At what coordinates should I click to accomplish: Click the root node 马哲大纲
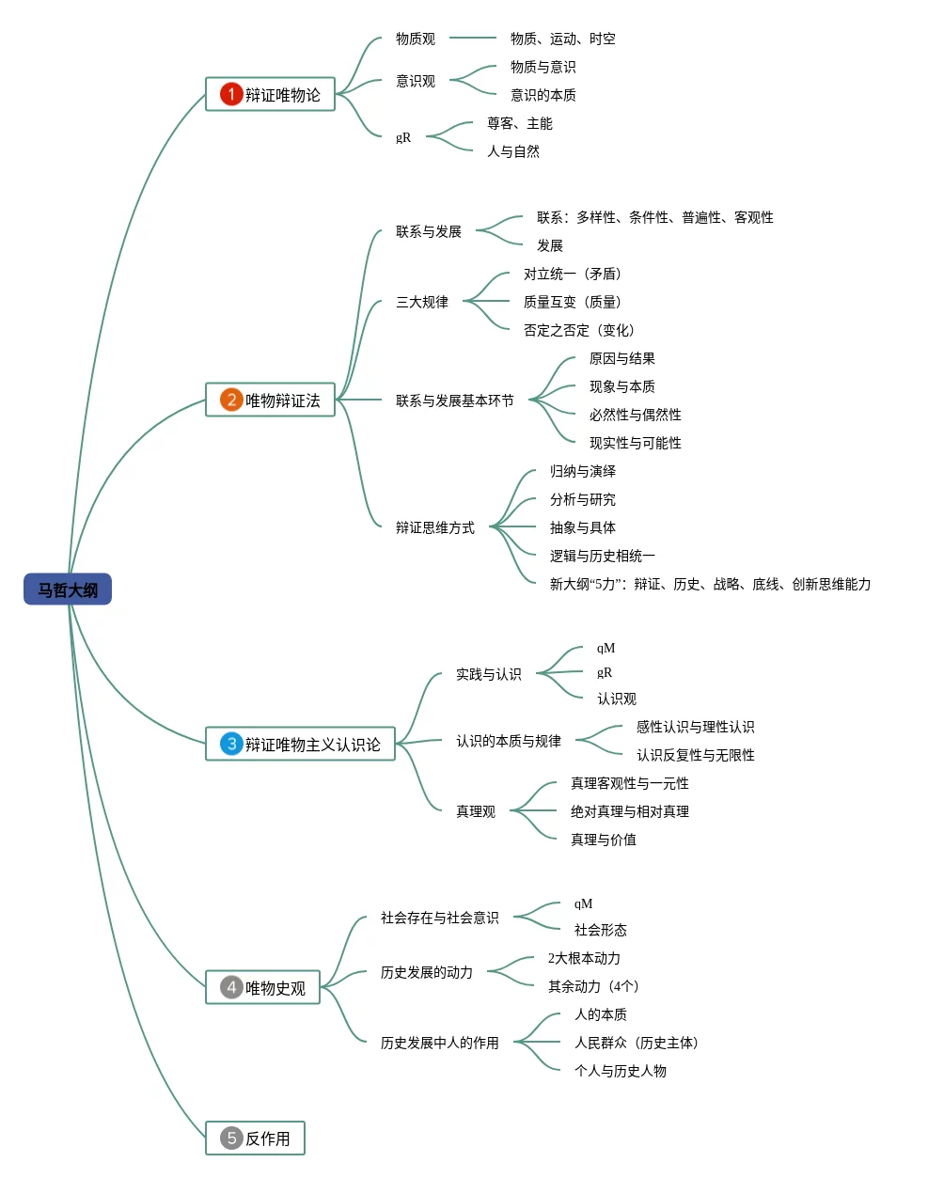(68, 589)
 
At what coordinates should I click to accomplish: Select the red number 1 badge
(231, 94)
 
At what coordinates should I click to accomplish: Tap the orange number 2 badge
(231, 400)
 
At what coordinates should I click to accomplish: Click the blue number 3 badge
(231, 744)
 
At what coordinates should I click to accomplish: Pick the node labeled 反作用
(256, 1139)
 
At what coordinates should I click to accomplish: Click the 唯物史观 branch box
(263, 987)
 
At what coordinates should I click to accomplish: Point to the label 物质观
(416, 39)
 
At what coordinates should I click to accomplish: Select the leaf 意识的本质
(543, 95)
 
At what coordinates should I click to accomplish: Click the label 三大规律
(422, 302)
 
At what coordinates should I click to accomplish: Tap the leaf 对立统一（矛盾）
(573, 274)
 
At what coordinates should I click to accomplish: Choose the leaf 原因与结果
(622, 358)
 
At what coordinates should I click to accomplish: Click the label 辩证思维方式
(435, 527)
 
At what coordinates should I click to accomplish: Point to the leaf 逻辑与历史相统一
(603, 556)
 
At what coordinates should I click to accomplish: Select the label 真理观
(476, 811)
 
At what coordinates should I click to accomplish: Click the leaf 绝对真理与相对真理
(630, 811)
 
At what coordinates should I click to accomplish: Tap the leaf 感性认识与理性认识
(696, 727)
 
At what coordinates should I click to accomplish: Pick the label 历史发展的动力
(427, 972)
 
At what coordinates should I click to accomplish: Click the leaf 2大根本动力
(584, 958)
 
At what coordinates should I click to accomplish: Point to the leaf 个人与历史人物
(621, 1071)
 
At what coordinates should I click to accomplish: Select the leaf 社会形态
(601, 930)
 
